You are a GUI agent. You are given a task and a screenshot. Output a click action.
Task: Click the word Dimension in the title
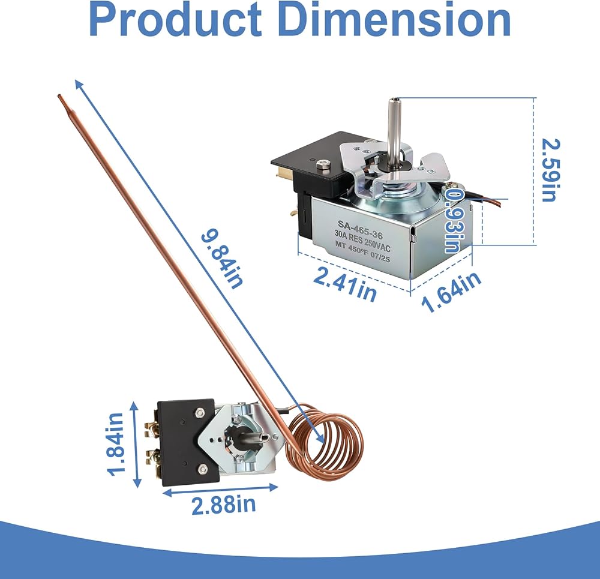click(397, 19)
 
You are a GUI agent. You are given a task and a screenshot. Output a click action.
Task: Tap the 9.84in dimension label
click(223, 259)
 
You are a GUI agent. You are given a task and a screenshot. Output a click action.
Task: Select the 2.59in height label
click(551, 170)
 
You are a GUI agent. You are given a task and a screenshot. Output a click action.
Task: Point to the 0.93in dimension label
click(455, 221)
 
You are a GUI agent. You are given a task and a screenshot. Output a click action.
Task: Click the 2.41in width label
click(345, 284)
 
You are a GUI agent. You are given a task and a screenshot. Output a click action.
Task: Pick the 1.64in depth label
click(451, 292)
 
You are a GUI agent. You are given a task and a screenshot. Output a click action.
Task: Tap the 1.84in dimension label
click(116, 444)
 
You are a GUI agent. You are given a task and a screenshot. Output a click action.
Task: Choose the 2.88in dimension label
click(223, 505)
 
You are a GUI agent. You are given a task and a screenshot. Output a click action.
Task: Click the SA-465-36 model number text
click(359, 229)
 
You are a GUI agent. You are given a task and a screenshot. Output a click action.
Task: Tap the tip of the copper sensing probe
click(59, 96)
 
